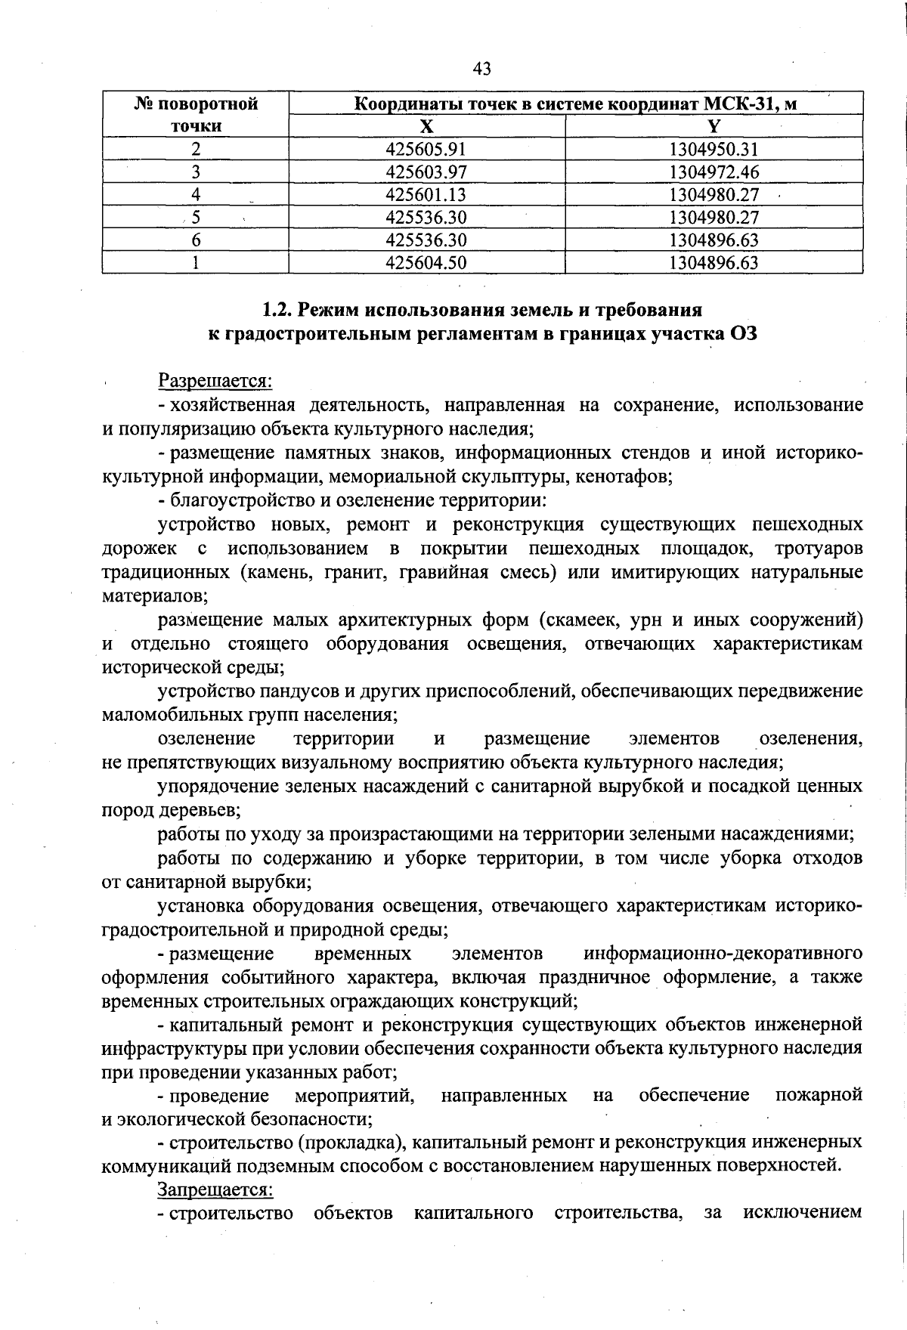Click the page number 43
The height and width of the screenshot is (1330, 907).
point(482,69)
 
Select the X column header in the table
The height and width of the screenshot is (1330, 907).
point(427,125)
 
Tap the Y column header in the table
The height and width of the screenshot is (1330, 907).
point(714,125)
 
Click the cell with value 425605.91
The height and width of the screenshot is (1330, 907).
point(426,149)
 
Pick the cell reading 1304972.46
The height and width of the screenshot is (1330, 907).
point(714,172)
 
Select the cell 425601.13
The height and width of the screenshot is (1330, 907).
point(426,195)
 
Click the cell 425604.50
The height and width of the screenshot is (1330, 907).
point(426,263)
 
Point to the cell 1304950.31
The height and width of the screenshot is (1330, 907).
point(714,149)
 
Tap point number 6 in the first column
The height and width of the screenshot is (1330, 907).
point(196,240)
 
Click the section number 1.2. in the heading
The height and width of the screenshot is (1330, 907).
point(278,310)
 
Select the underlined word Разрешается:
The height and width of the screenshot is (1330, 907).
point(215,381)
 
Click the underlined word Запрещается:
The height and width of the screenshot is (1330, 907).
point(215,1189)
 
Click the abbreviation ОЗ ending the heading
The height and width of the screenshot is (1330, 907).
point(743,334)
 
